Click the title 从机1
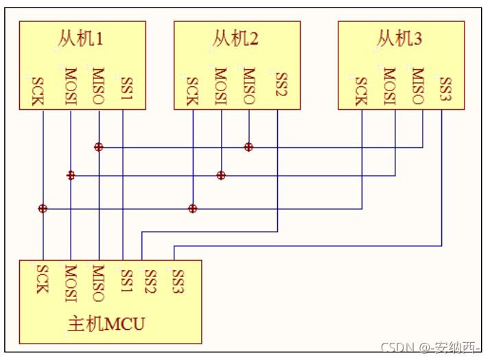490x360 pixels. coord(81,38)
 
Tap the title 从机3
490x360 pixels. coord(399,38)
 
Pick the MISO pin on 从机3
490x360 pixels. coord(419,85)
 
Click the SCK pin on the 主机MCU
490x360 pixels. coord(42,279)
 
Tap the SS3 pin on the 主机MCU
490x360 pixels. coord(178,280)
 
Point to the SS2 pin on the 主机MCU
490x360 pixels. coord(150,280)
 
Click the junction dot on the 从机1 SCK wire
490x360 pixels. coord(43,208)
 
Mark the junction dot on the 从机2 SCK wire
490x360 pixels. coord(193,208)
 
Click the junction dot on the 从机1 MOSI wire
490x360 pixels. coord(71,176)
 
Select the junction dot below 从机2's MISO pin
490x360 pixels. coord(248,147)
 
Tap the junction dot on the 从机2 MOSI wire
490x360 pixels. coord(221,176)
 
